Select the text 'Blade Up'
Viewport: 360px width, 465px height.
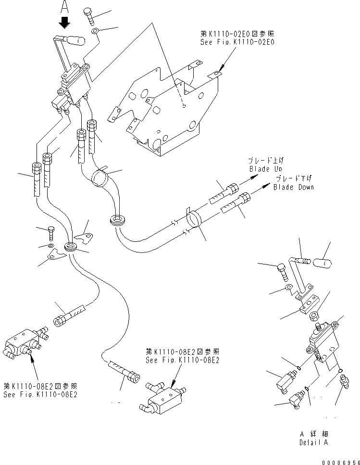pos(265,169)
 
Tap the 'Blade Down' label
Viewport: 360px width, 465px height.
pos(293,187)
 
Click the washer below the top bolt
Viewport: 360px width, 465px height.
pos(95,32)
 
